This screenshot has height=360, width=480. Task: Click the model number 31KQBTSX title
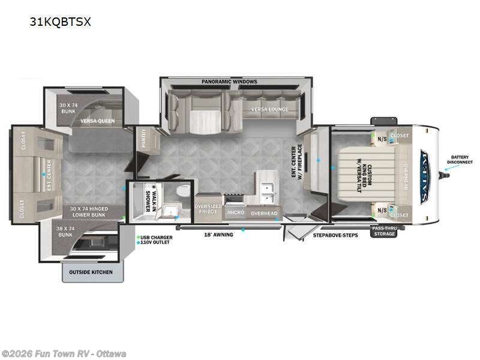click(x=60, y=22)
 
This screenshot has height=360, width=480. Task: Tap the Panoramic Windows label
click(x=229, y=82)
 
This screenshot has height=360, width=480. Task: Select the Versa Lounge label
click(x=270, y=109)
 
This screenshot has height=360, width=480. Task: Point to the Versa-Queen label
click(x=98, y=121)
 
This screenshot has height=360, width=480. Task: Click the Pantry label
click(x=145, y=140)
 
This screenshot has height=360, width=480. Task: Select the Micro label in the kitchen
click(x=235, y=213)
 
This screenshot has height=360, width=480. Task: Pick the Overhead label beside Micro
click(x=264, y=213)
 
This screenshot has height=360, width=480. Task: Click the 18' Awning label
click(x=219, y=234)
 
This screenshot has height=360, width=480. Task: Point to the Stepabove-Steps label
click(x=335, y=235)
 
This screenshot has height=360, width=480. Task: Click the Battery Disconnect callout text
click(x=464, y=160)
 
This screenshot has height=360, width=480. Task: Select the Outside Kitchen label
click(x=91, y=273)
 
